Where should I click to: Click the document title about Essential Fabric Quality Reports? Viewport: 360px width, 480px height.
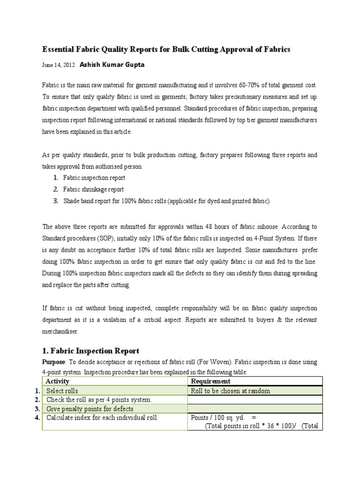click(x=166, y=49)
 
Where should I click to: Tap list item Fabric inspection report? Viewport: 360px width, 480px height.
click(x=94, y=178)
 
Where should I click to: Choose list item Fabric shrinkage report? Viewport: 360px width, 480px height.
click(x=93, y=189)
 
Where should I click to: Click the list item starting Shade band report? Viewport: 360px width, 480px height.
click(x=167, y=201)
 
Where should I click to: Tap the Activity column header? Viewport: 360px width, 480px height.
click(x=58, y=382)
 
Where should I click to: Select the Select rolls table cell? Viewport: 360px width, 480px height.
click(x=62, y=391)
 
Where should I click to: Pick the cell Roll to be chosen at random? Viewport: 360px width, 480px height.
click(x=230, y=391)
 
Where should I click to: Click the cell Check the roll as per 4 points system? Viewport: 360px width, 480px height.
click(x=99, y=400)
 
